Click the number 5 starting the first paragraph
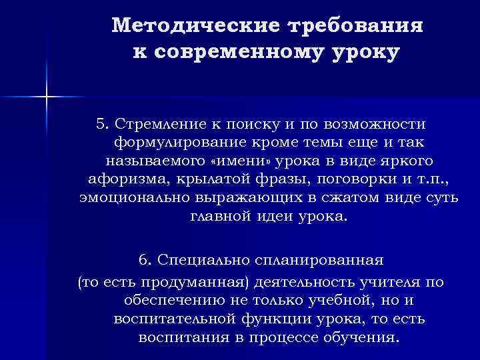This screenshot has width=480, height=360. point(101,123)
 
